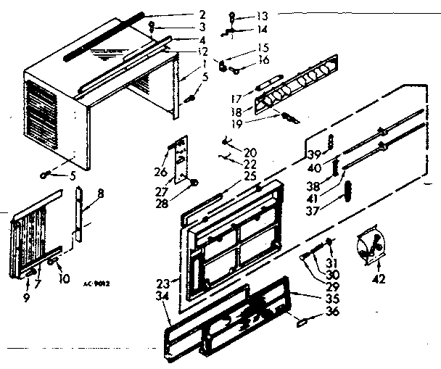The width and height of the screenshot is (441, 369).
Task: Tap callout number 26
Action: click(x=161, y=172)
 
